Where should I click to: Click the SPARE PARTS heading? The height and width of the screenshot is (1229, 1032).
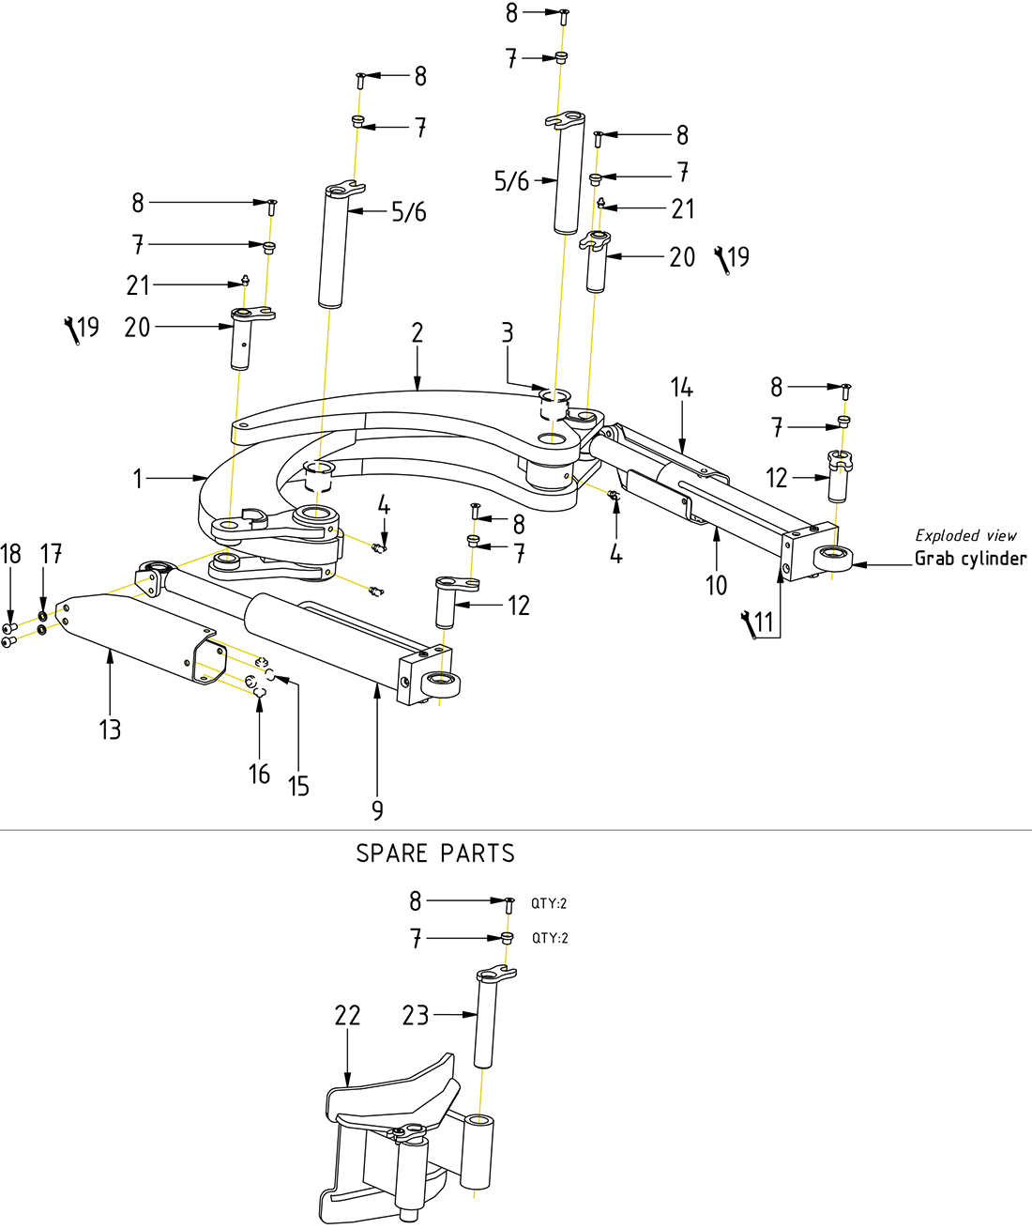point(435,853)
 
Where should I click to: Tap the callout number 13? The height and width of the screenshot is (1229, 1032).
point(110,730)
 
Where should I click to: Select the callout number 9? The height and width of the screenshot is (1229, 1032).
point(377,810)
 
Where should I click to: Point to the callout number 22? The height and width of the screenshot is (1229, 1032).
point(347,1015)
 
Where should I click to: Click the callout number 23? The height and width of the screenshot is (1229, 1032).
point(416,1015)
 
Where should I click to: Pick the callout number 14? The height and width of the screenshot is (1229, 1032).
point(681,387)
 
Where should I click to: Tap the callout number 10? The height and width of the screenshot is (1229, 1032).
point(716,586)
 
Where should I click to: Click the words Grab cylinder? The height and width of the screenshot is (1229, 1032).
point(970,559)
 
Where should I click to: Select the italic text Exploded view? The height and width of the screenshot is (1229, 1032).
point(965,535)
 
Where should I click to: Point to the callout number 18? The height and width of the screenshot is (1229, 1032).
point(10,554)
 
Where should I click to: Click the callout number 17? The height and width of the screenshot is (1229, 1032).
point(51,554)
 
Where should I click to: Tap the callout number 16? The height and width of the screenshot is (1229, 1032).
point(259,775)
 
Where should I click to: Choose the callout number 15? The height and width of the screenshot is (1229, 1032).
point(298,786)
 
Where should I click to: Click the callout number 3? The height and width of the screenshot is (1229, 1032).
point(507,332)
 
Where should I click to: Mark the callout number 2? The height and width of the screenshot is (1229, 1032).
point(417,332)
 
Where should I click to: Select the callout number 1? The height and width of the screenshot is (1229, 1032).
point(138,479)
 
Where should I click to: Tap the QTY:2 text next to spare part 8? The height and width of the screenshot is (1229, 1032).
point(549,903)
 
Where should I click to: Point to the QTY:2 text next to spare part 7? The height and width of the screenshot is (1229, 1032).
point(550,938)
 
